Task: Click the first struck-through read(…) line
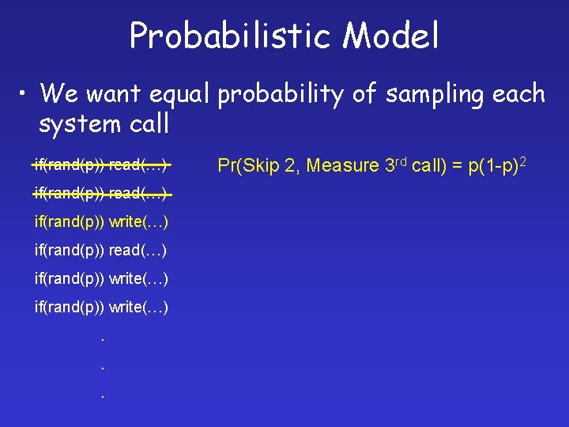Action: coord(100,164)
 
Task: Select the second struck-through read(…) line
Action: coord(100,193)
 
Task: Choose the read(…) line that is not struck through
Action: coord(100,250)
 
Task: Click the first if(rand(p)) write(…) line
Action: coord(100,221)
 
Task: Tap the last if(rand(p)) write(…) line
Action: coord(100,307)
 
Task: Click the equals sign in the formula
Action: coord(458,166)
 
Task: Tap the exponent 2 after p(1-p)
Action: coord(522,161)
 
